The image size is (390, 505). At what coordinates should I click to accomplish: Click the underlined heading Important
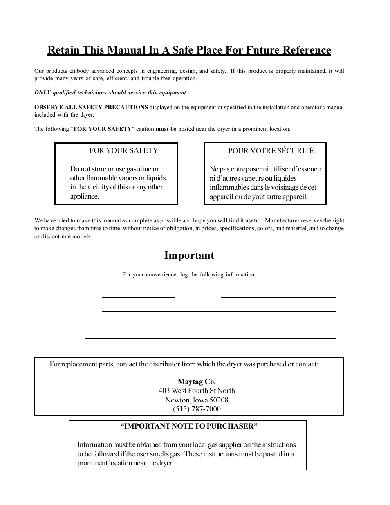(189, 256)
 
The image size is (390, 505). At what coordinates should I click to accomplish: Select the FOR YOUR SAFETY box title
(123, 150)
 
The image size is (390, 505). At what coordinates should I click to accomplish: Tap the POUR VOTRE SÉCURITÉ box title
(271, 151)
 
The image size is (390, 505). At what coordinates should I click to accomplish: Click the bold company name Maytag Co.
(197, 382)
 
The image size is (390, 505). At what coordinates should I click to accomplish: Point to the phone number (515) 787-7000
(197, 409)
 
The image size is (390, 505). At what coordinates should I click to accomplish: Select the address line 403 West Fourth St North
(197, 391)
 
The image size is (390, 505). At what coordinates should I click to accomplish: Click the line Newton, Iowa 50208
(197, 400)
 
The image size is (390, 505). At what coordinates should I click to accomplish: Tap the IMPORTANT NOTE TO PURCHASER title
(188, 426)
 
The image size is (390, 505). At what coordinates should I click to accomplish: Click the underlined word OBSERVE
(49, 108)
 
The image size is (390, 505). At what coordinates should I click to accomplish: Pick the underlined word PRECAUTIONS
(126, 108)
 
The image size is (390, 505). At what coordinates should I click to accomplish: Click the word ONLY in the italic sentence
(42, 93)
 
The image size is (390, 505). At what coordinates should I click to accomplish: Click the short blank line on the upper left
(138, 297)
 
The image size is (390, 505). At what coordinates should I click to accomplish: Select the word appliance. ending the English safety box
(85, 197)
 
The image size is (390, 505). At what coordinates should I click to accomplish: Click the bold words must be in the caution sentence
(166, 129)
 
